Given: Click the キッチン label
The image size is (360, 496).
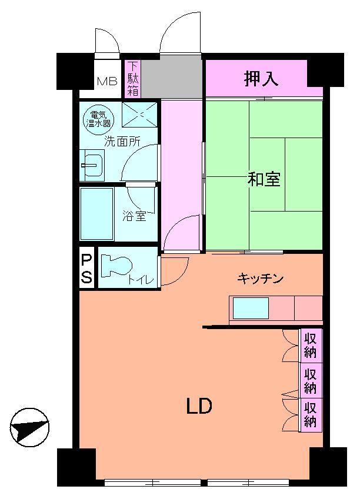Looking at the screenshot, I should click(261, 278).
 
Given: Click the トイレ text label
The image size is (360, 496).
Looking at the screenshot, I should click(141, 280).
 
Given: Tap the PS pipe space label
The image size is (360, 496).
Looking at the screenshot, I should click(86, 269).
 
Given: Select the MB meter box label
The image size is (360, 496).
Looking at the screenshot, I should click(106, 81).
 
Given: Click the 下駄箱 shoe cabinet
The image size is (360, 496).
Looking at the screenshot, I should click(133, 78).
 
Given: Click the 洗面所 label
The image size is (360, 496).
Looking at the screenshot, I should click(122, 141).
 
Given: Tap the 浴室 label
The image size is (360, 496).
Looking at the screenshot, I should click(134, 216).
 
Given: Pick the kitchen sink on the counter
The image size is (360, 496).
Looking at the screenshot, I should click(251, 308).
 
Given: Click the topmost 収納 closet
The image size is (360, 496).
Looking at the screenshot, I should click(311, 345).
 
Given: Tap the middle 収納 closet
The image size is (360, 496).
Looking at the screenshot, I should click(311, 380).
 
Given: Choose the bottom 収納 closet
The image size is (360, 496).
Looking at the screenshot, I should click(311, 414).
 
